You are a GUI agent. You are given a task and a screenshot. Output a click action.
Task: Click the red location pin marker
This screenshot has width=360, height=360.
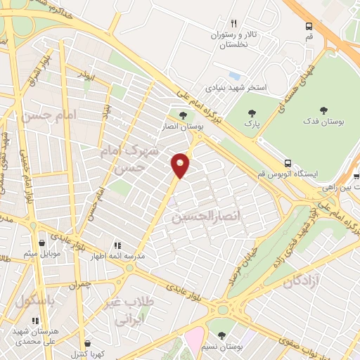181,166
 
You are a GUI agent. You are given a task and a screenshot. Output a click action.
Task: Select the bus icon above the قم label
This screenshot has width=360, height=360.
309,26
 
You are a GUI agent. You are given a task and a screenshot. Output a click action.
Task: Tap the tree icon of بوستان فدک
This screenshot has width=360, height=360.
324,110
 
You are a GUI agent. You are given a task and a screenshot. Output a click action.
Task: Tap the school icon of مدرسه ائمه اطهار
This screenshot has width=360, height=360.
117,245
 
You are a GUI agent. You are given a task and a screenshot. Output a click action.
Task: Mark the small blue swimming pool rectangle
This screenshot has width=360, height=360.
234,76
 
